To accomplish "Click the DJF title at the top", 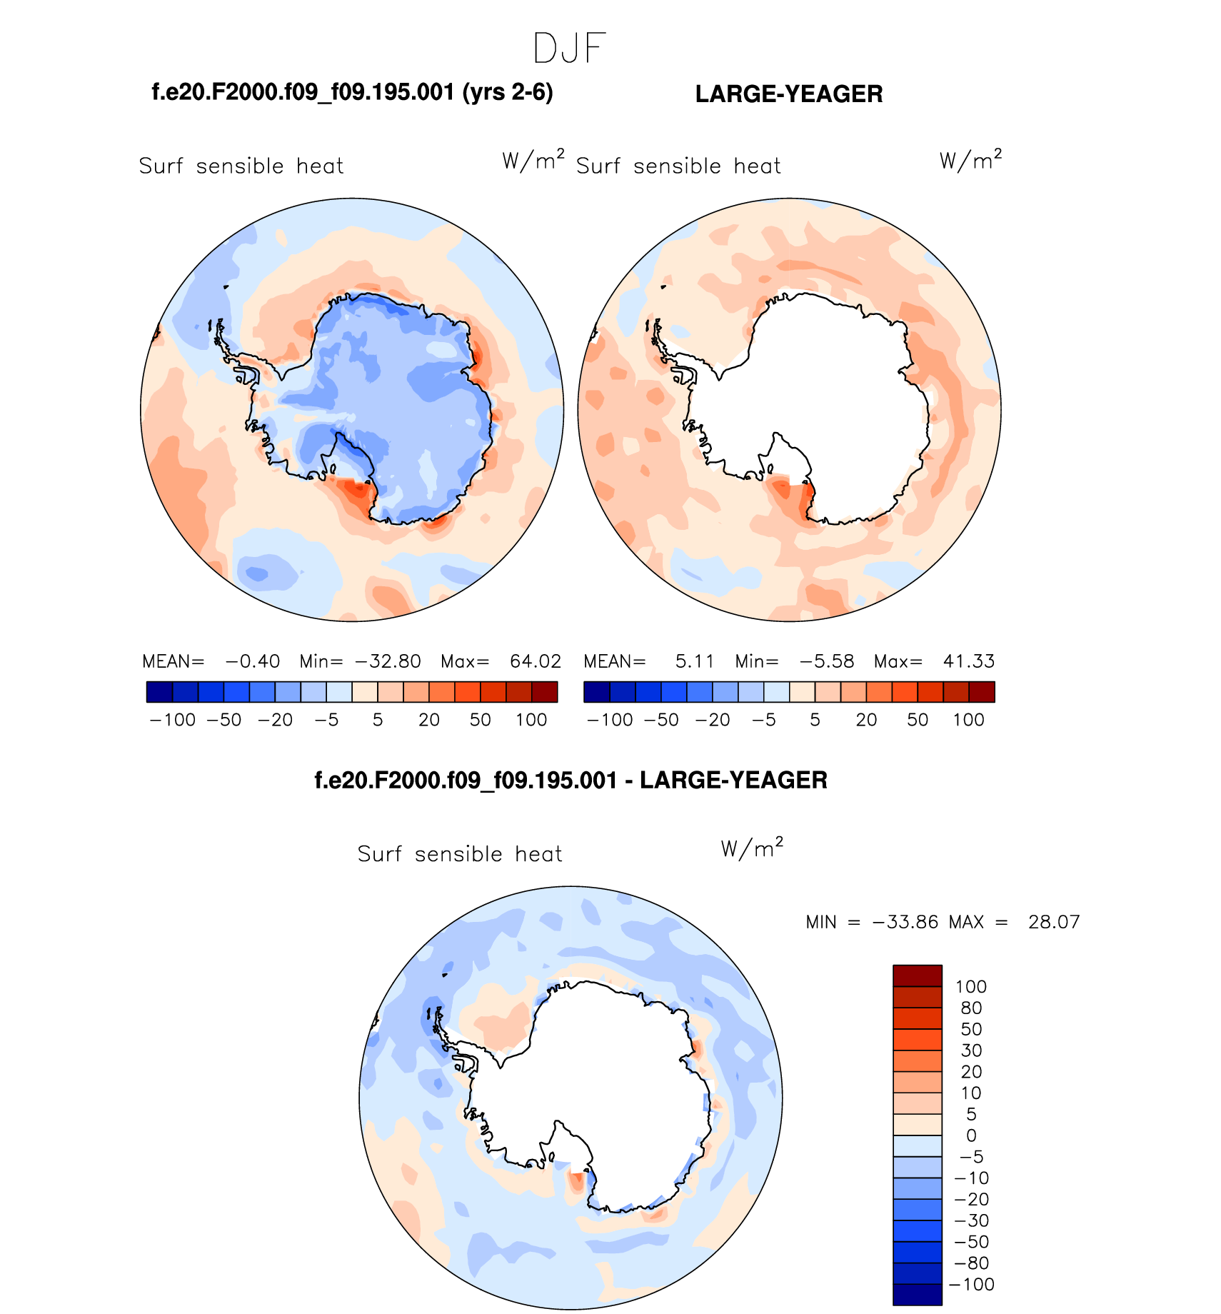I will tap(569, 49).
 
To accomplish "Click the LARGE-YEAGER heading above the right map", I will tap(789, 94).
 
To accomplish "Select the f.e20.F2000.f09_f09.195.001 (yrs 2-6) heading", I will tap(353, 92).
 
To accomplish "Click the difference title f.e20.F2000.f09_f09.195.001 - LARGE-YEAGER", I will tap(571, 780).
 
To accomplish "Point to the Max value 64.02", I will tap(536, 661).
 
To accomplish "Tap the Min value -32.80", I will tap(388, 661).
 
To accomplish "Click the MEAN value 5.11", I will tap(694, 661).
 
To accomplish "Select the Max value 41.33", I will tap(969, 661).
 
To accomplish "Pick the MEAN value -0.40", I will tap(252, 661).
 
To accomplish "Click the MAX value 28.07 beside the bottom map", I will tap(1054, 922).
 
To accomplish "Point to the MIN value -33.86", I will tap(905, 922).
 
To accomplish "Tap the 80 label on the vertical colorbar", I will tap(971, 1008).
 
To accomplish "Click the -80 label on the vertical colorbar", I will tap(971, 1263).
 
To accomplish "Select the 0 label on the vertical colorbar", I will tap(971, 1135).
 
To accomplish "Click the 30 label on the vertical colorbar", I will tap(971, 1050).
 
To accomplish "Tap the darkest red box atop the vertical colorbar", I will tap(918, 976).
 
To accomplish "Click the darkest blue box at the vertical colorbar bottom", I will tap(918, 1295).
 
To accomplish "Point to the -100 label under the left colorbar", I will tap(173, 720).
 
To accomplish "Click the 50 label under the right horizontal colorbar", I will tap(918, 720).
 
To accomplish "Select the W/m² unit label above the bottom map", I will tap(752, 848).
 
